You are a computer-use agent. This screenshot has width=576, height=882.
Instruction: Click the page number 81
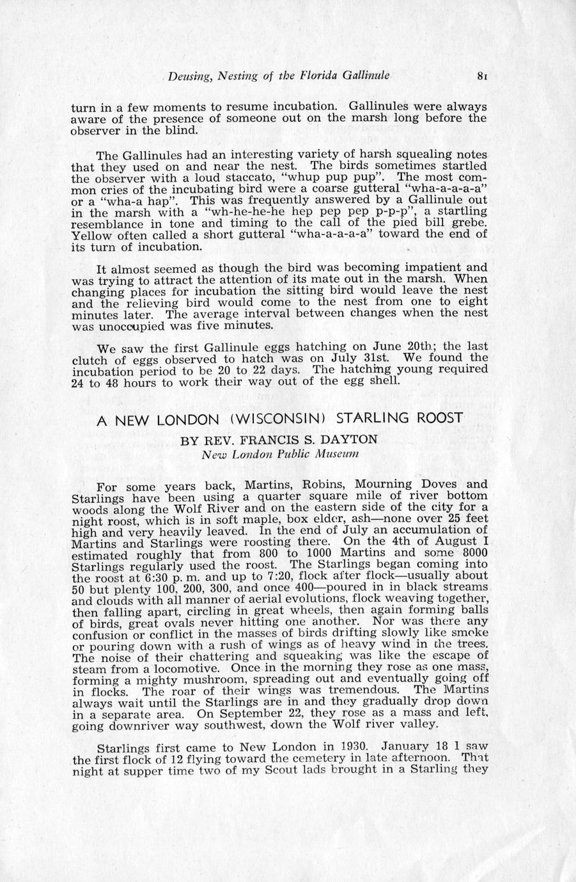click(483, 76)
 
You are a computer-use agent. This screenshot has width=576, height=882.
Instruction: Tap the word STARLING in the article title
click(374, 419)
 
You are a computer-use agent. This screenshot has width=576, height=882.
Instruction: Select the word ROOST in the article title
click(440, 419)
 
